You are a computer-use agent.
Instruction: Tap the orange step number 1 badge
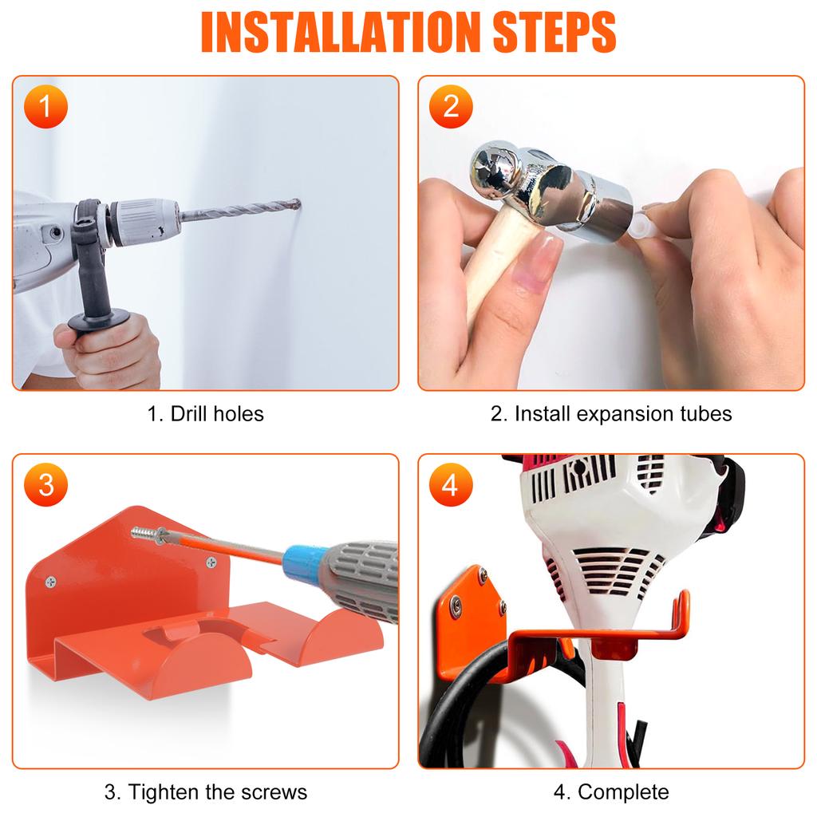click(46, 108)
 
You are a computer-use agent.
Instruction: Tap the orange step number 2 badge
click(452, 108)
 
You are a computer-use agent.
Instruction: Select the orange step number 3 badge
click(46, 485)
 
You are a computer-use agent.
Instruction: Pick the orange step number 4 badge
click(452, 485)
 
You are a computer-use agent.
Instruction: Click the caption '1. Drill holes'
click(205, 413)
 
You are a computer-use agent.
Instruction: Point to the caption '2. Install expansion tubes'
click(611, 413)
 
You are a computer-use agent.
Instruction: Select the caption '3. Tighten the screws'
click(205, 791)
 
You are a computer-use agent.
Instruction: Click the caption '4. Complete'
click(611, 791)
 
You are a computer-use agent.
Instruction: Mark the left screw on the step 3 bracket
click(52, 582)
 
